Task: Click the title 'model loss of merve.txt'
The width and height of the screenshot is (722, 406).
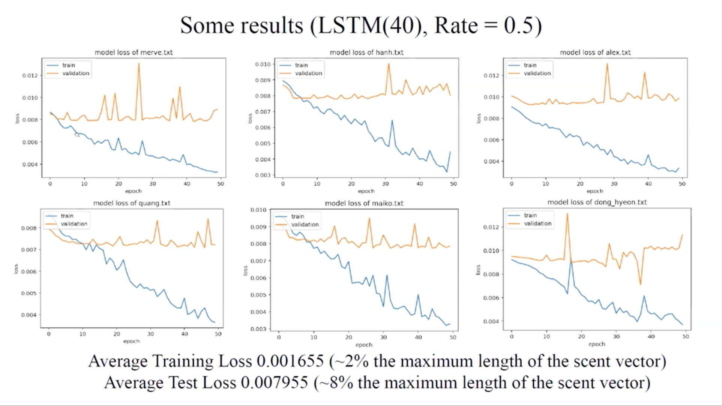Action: (134, 53)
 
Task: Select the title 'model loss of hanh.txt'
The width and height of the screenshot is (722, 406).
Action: (366, 53)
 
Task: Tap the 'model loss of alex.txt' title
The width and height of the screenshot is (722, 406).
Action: (595, 53)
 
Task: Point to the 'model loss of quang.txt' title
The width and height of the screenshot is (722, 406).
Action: (132, 203)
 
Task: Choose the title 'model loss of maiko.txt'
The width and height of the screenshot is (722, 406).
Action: (364, 203)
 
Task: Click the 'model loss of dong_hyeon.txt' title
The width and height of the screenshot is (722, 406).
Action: (597, 202)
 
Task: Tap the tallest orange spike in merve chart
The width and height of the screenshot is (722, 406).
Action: (139, 64)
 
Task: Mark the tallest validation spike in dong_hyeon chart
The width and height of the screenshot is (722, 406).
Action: (567, 214)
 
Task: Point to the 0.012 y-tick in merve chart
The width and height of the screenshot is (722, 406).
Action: (30, 76)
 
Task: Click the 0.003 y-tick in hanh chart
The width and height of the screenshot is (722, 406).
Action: (263, 175)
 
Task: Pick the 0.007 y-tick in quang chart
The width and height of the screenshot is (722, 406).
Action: (29, 250)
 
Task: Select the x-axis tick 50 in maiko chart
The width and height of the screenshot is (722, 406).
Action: (453, 337)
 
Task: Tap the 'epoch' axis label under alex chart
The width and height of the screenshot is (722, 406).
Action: (595, 191)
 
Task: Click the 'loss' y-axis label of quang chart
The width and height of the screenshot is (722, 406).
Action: (16, 269)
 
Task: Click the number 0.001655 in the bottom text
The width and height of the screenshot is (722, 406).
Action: (290, 361)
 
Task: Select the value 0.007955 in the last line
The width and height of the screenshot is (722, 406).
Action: (274, 383)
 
